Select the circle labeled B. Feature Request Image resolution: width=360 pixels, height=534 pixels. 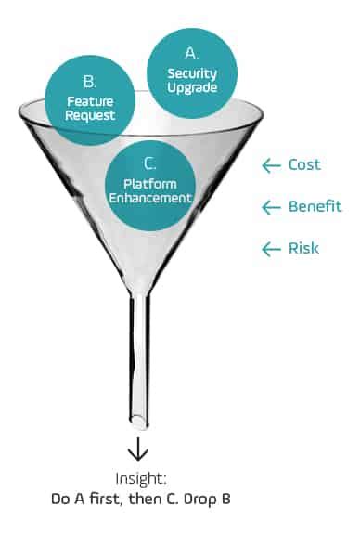pyautogui.click(x=89, y=100)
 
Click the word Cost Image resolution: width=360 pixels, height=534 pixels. pyautogui.click(x=305, y=164)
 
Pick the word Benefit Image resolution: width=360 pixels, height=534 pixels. pyautogui.click(x=315, y=206)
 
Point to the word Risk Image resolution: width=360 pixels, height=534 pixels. pyautogui.click(x=303, y=248)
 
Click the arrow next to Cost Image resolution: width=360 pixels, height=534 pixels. pyautogui.click(x=271, y=165)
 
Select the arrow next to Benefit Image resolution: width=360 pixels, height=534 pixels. pyautogui.click(x=271, y=207)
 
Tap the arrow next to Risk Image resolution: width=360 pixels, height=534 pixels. pyautogui.click(x=271, y=249)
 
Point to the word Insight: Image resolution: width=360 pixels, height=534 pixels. pyautogui.click(x=140, y=478)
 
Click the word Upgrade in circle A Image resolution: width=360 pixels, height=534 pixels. pyautogui.click(x=192, y=88)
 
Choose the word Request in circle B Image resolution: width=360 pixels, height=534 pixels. pyautogui.click(x=89, y=116)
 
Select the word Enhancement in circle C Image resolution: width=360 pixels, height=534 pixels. pyautogui.click(x=151, y=197)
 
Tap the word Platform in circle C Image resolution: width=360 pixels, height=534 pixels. pyautogui.click(x=151, y=183)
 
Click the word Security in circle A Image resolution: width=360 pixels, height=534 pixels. pyautogui.click(x=192, y=74)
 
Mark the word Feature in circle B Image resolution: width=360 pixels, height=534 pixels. pyautogui.click(x=89, y=102)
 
